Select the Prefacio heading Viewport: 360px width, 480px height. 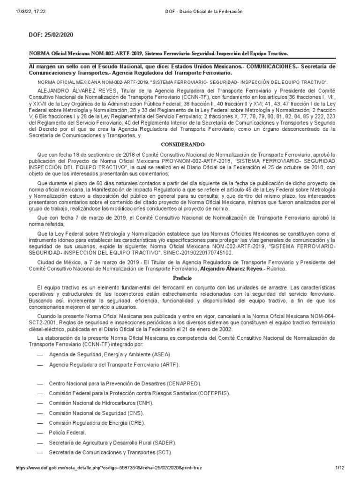180,278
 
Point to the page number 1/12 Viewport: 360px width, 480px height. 340,468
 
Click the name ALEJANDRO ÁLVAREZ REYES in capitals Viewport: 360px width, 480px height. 78,90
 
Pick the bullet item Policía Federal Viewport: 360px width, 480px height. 67,432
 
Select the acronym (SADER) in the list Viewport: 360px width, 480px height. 162,442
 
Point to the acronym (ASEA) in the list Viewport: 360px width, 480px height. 158,354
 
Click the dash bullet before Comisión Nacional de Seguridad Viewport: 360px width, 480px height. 40,412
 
